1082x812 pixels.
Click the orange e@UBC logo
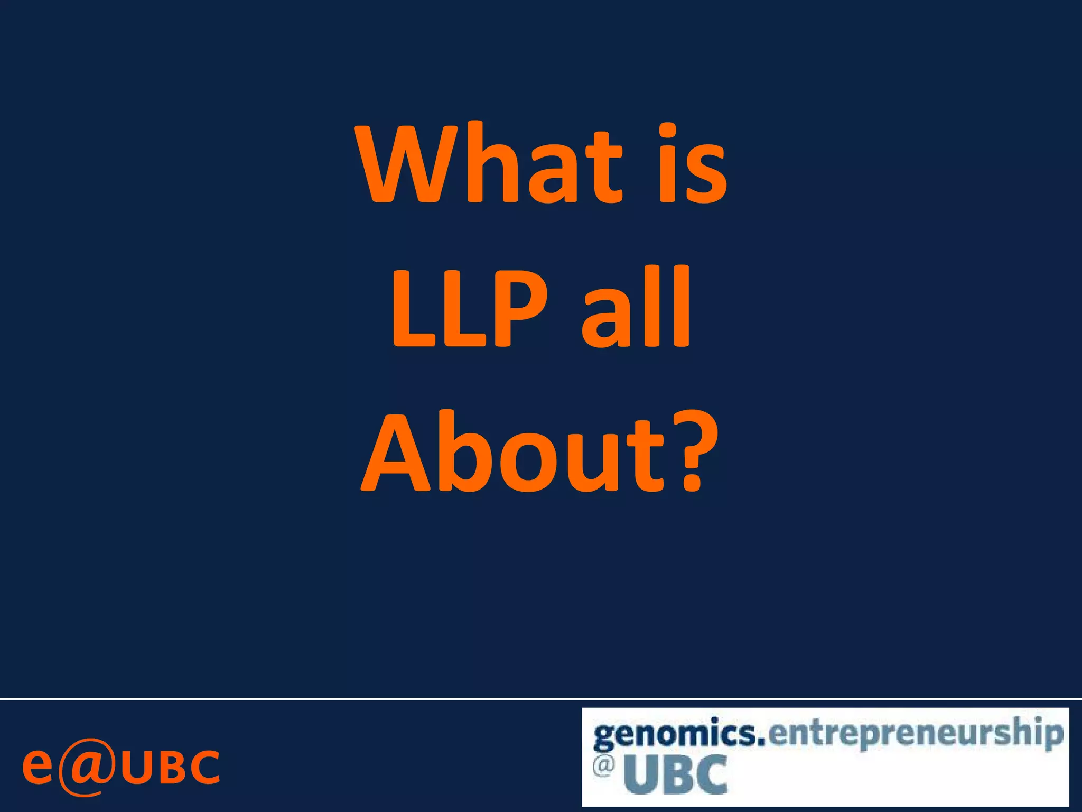pos(121,767)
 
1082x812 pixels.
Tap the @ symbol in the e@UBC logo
pos(87,767)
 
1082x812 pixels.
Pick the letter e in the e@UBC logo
pos(38,767)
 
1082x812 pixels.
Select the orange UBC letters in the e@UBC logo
pos(171,767)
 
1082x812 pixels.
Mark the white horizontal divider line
pos(541,699)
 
